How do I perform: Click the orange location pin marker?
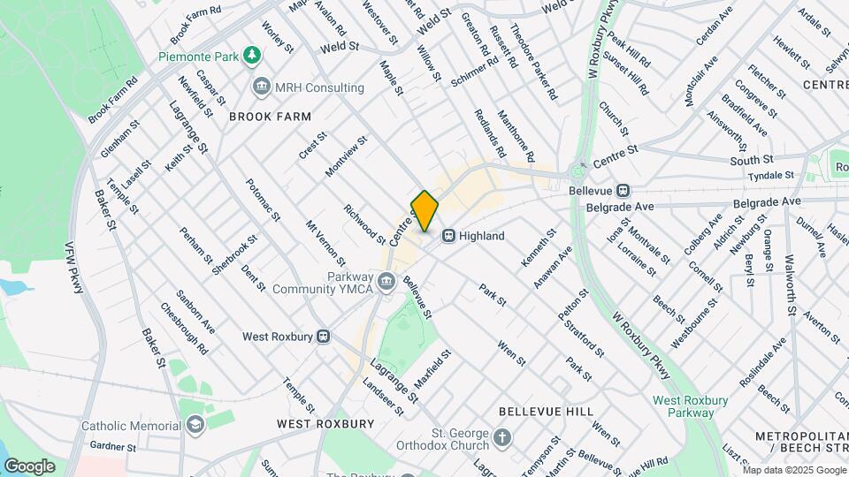pos(424,211)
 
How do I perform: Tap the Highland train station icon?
pos(449,236)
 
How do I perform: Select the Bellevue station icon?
pos(623,190)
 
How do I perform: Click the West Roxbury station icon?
pos(324,336)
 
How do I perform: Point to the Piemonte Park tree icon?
pos(253,56)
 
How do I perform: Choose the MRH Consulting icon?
pos(262,87)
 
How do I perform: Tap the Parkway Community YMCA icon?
pos(385,282)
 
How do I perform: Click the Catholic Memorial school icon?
pos(194,426)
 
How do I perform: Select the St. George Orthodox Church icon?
pos(501,438)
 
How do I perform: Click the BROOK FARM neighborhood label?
pos(270,117)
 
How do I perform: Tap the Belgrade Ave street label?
pos(617,207)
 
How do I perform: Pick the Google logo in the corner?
pos(29,466)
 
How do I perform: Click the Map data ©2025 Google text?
pos(794,470)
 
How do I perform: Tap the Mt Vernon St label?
pos(325,244)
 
